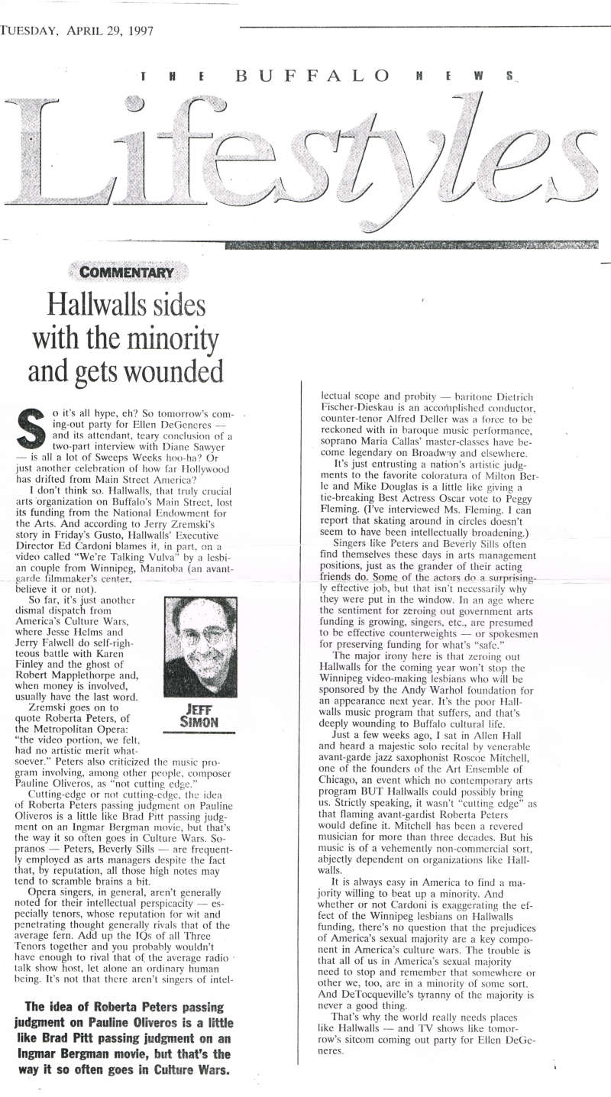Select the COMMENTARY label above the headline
click(x=128, y=272)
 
